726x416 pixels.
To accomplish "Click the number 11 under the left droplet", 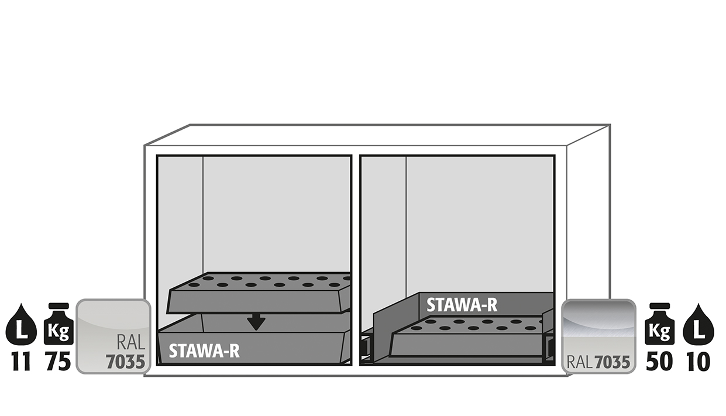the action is point(21,361).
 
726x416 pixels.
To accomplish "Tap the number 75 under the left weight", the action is point(59,361).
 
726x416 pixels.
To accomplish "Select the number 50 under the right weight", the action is point(659,361).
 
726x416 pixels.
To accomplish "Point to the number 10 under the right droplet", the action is point(698,361).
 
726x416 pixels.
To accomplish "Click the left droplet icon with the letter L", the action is point(21,325).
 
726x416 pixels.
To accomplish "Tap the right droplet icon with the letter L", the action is point(699,325).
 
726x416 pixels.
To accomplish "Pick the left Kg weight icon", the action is point(59,324).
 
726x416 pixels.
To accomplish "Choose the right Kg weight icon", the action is point(659,324).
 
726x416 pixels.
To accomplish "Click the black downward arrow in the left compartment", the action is point(256,322).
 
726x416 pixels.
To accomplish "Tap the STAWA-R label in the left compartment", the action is point(204,350).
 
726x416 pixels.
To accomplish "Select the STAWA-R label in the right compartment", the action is point(462,305).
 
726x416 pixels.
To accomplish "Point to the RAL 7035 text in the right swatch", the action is point(598,362).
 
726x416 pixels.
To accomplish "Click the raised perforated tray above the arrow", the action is point(259,293).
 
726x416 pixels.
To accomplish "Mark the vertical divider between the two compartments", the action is point(356,260).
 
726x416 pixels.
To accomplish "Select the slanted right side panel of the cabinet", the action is point(589,250).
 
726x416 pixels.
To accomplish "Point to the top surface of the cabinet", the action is point(377,135).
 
